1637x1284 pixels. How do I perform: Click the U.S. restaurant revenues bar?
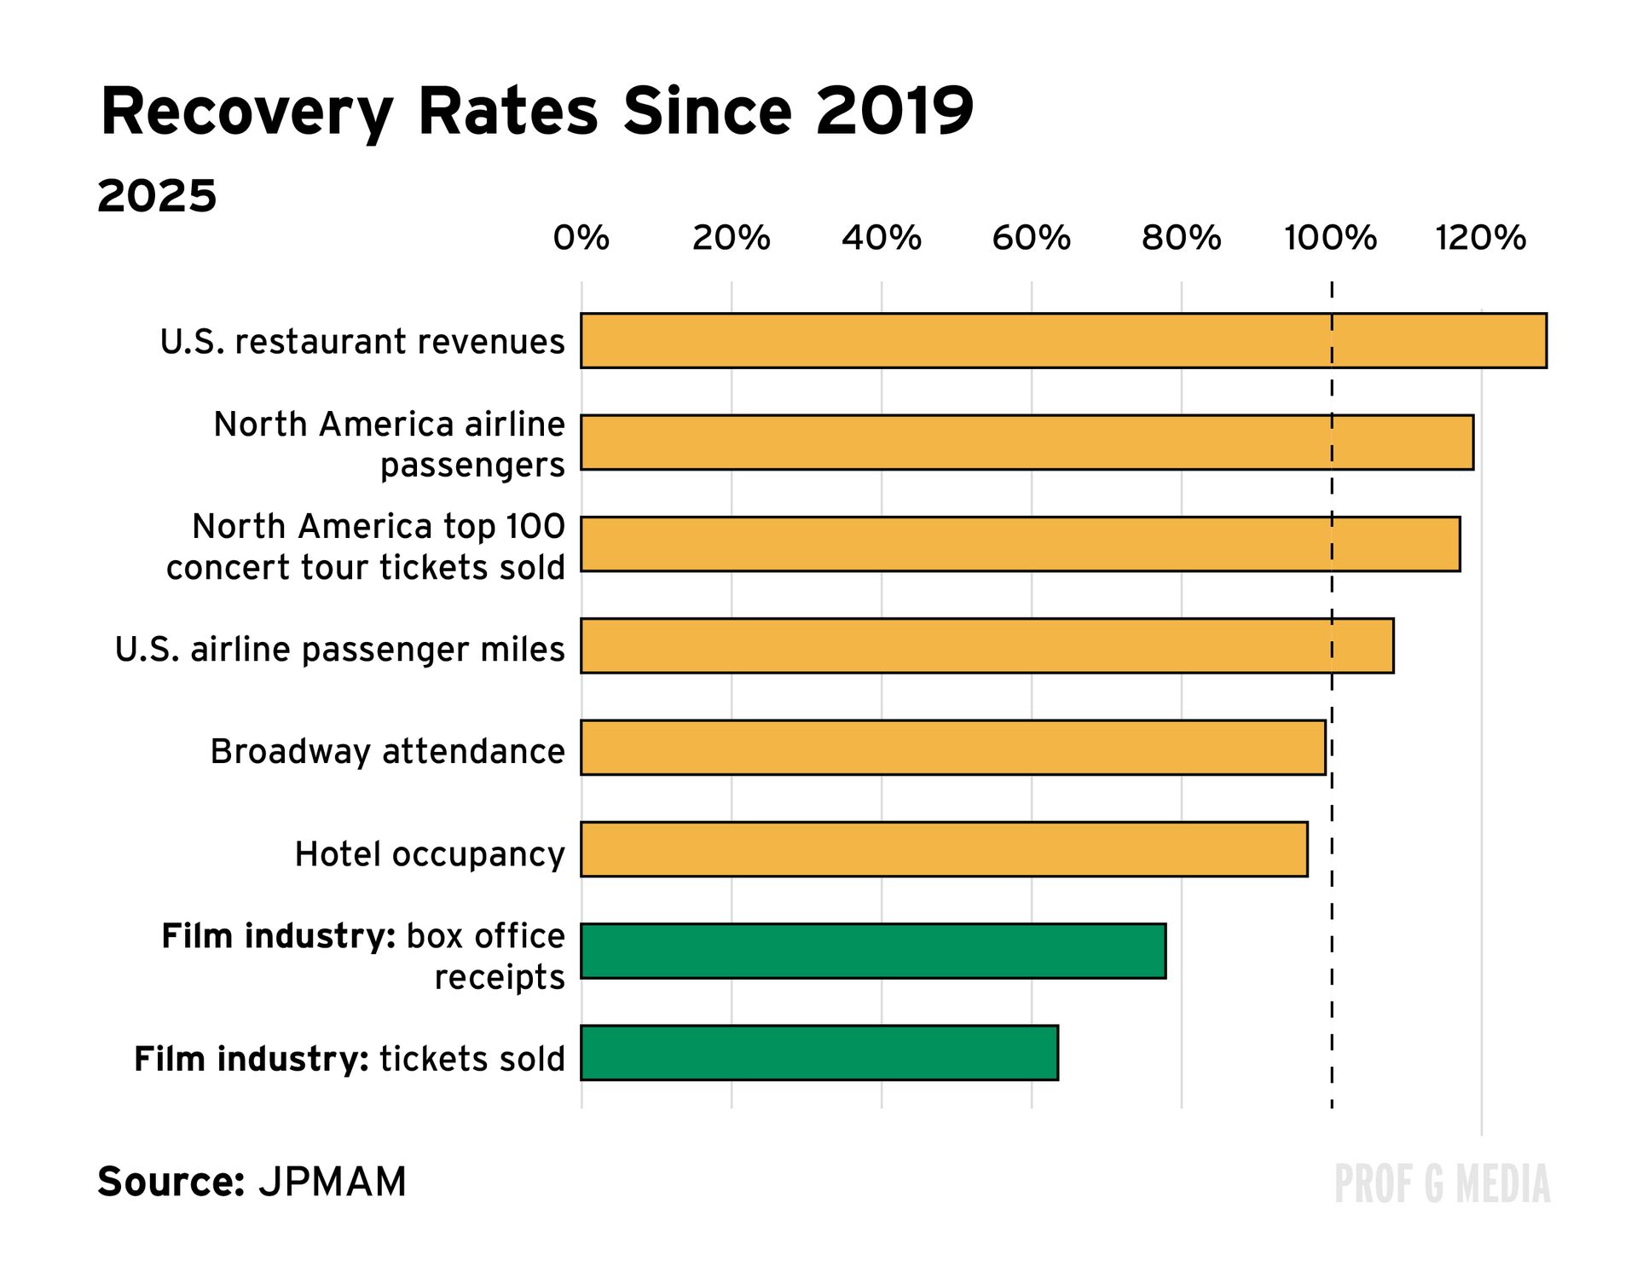pos(1063,341)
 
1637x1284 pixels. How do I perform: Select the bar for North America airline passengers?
pos(1027,442)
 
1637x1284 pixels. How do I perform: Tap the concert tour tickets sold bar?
pos(1020,544)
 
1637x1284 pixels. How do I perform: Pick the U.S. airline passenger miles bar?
pos(987,646)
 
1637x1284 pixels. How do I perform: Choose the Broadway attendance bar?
pos(953,748)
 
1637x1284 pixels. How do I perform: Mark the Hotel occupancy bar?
pos(944,849)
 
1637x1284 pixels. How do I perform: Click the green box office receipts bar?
pos(873,951)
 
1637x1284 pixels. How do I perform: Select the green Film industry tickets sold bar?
pos(819,1053)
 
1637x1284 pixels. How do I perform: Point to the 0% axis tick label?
pos(581,238)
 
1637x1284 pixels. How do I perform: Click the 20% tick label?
pos(731,238)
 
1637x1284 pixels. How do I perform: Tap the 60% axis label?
pos(1031,238)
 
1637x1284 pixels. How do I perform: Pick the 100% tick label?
pos(1330,238)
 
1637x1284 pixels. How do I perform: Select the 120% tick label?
pos(1481,238)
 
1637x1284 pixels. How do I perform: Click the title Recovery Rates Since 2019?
pos(537,112)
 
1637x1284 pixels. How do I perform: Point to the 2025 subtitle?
pos(157,197)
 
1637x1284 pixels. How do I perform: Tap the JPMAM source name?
pos(333,1183)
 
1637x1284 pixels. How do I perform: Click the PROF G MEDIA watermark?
pos(1442,1184)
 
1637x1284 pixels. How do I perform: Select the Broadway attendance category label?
pos(387,752)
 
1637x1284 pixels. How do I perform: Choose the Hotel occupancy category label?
pos(430,854)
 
